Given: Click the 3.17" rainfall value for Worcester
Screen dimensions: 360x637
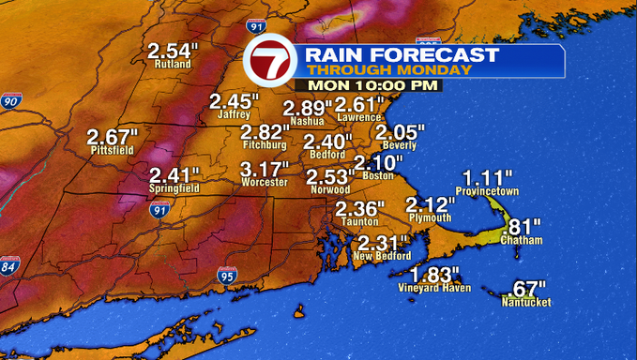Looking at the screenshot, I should tap(264, 170).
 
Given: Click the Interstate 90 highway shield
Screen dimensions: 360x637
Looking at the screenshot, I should tap(11, 100).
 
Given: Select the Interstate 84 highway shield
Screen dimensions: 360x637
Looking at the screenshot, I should tap(10, 266).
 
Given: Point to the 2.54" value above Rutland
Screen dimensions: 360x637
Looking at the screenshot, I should tap(174, 51).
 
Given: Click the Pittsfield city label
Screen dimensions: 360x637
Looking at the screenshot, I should tap(112, 150).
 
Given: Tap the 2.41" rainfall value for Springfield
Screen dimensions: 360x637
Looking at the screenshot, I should tap(174, 175).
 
